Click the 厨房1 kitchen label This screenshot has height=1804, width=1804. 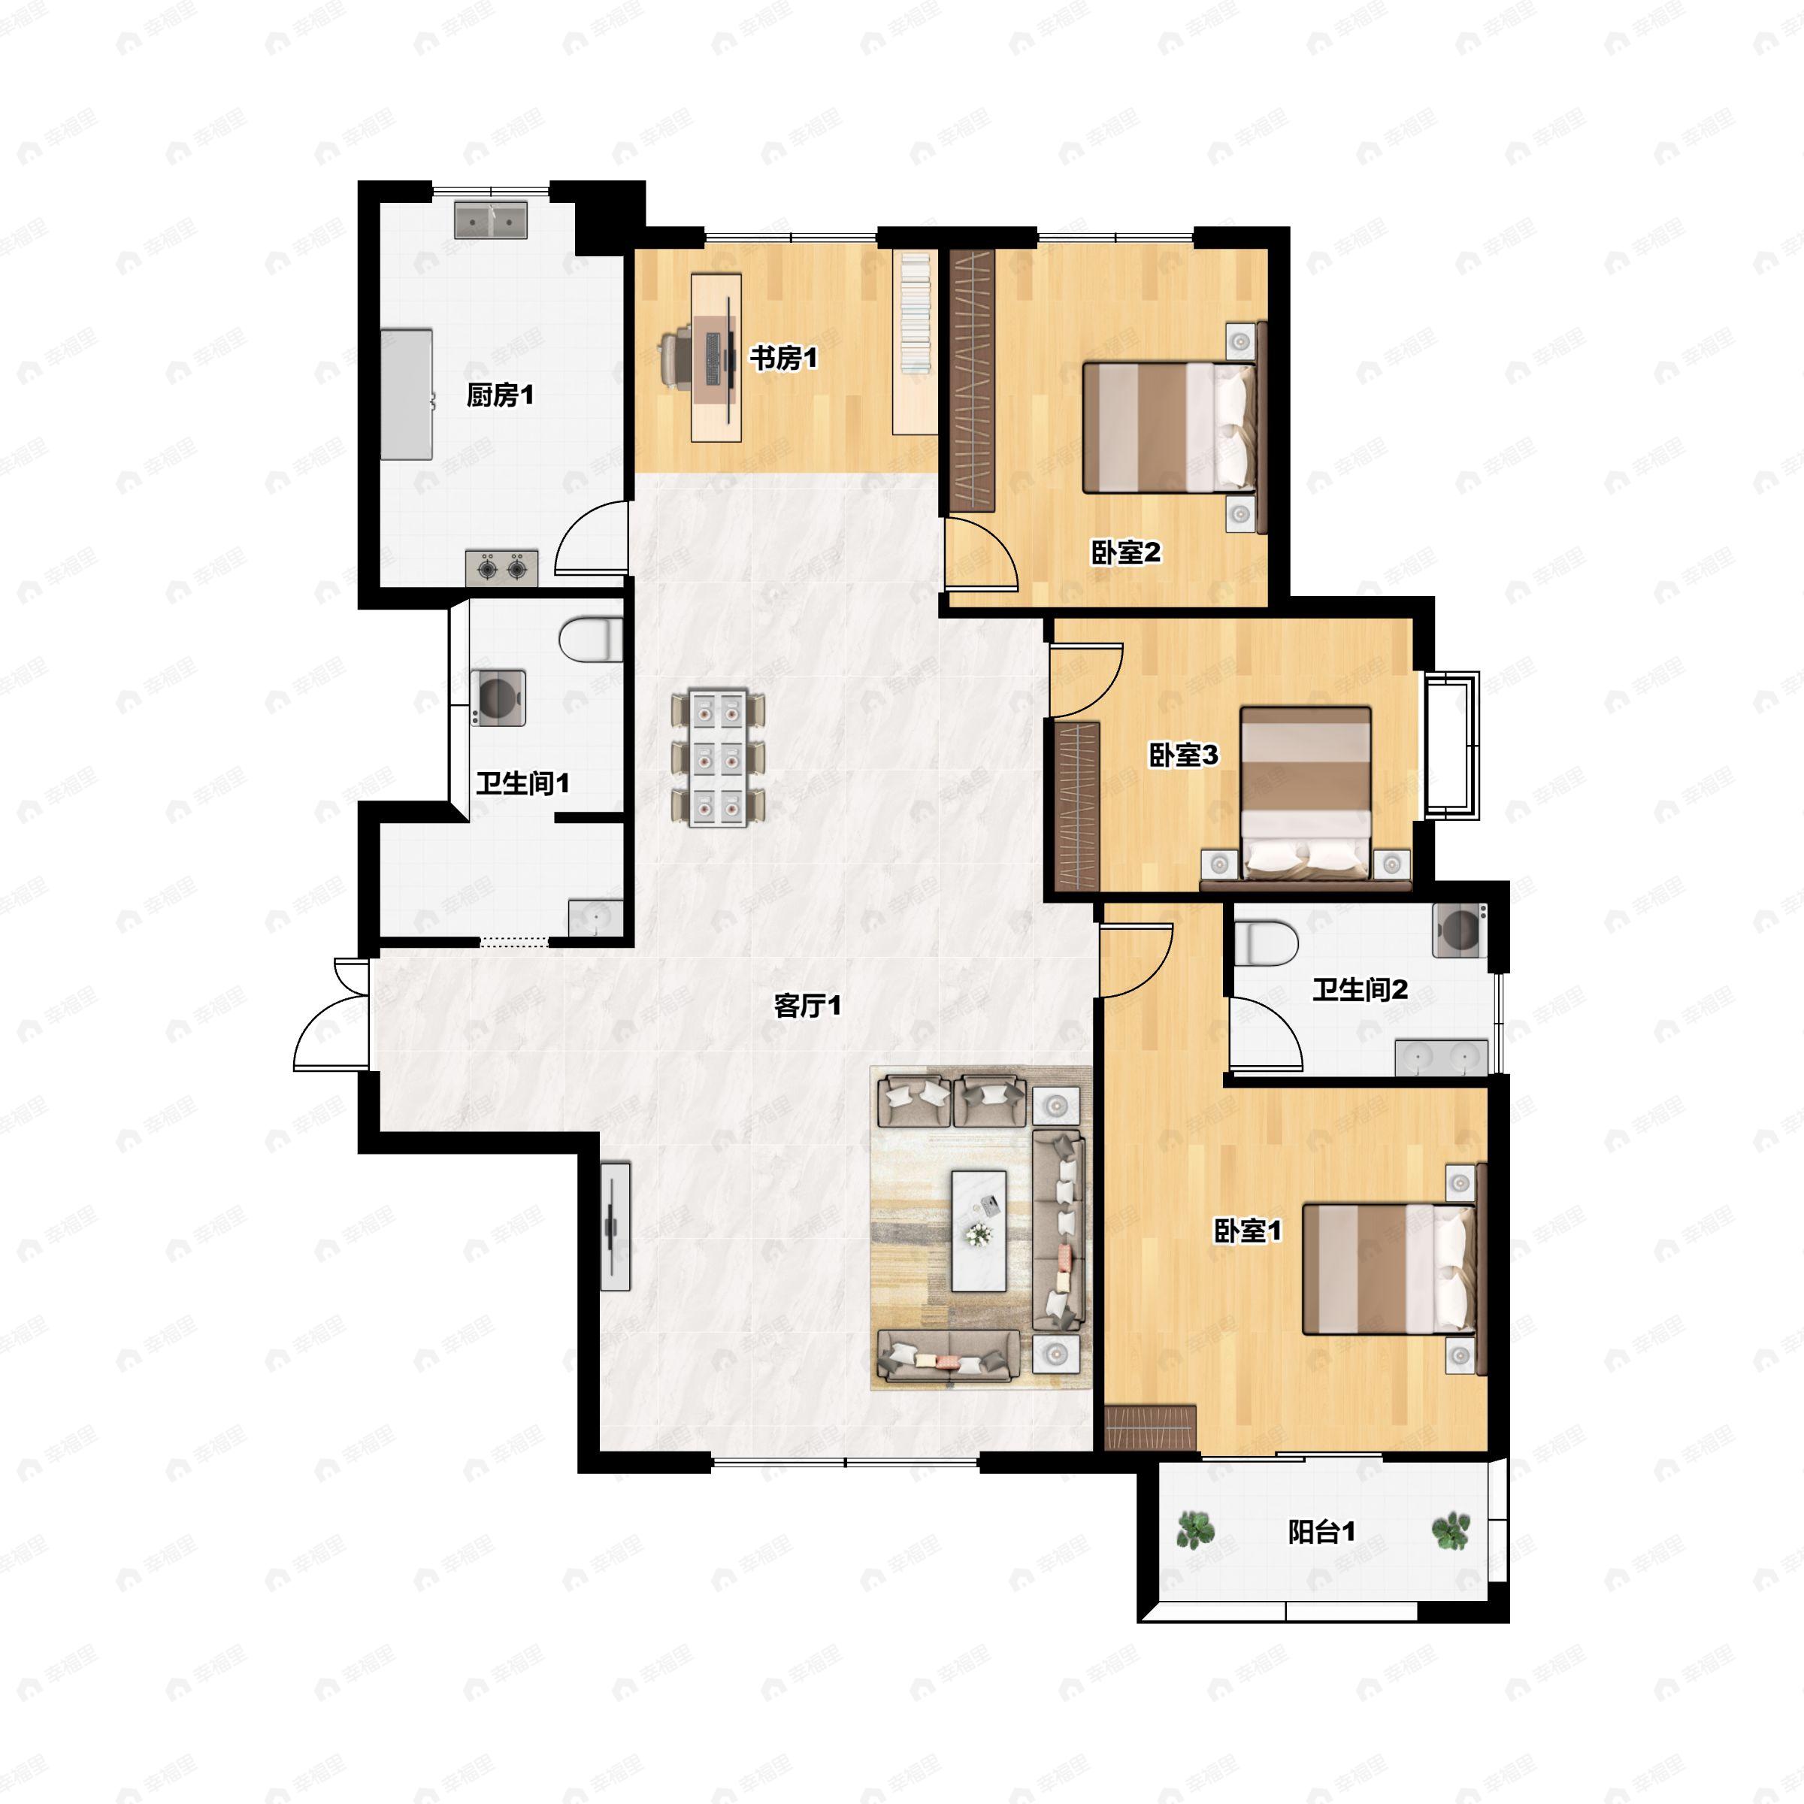point(500,396)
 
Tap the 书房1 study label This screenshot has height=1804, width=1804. point(783,358)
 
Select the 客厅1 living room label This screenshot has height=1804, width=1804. point(808,1006)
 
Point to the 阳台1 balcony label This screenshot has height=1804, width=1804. point(1321,1533)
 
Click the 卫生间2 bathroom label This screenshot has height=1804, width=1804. point(1360,990)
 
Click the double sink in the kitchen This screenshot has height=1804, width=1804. point(490,219)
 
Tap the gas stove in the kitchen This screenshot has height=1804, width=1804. point(501,568)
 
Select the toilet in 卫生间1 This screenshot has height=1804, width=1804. point(591,640)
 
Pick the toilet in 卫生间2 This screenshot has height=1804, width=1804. point(1266,943)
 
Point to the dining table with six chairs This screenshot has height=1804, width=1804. point(718,757)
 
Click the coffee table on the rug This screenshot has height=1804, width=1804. point(979,1230)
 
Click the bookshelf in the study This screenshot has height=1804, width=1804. point(915,343)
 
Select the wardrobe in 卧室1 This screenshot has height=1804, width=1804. point(1150,1427)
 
